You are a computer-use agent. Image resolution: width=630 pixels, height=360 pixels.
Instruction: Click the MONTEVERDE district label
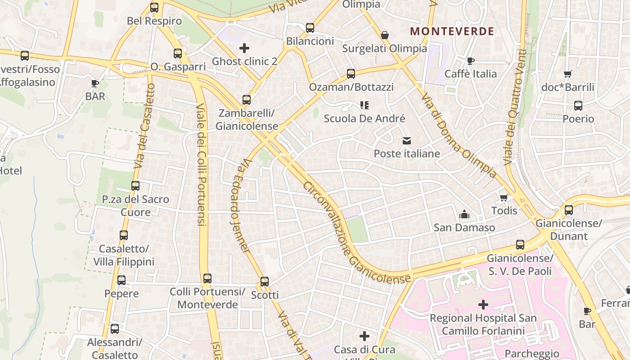(452, 31)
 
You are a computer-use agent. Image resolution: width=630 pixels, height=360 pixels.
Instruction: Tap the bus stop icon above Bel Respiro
(154, 8)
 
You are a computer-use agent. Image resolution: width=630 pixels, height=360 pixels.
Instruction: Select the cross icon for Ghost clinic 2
(244, 48)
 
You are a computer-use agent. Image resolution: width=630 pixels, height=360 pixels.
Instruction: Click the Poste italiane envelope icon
(407, 141)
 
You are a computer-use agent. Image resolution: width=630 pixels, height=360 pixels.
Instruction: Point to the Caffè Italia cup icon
(471, 61)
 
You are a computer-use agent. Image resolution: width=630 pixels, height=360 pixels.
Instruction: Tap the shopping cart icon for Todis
(504, 198)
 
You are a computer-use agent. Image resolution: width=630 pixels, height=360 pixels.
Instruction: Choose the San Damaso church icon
(464, 215)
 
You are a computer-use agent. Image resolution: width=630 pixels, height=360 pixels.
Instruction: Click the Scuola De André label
(364, 119)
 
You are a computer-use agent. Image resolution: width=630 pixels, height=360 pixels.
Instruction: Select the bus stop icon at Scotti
(265, 282)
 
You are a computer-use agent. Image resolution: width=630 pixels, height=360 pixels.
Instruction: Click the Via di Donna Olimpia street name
(459, 135)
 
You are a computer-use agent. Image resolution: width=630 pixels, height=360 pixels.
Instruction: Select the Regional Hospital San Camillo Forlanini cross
(483, 305)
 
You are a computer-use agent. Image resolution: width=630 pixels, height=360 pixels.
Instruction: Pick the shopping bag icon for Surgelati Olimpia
(385, 35)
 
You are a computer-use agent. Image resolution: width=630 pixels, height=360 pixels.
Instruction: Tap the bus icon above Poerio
(578, 106)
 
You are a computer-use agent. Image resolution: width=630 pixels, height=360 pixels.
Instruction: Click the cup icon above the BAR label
(95, 83)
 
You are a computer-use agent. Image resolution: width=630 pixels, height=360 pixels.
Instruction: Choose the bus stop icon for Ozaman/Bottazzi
(351, 74)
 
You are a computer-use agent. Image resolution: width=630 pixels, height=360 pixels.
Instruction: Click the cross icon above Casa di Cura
(364, 336)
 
